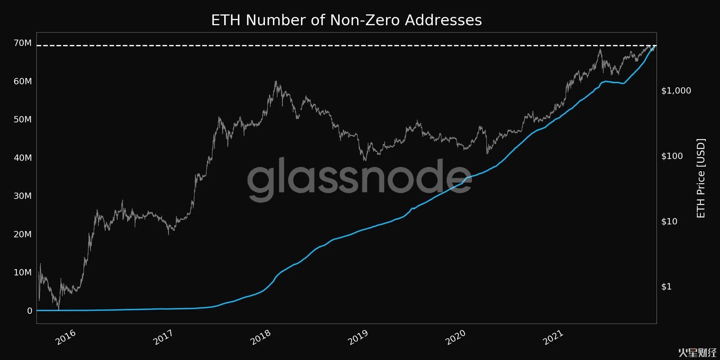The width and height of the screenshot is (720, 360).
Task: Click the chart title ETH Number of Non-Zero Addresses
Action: (346, 20)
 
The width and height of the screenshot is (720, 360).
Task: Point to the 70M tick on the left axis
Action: (22, 43)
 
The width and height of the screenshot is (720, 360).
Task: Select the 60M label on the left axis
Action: (22, 81)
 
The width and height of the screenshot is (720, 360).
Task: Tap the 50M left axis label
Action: (22, 119)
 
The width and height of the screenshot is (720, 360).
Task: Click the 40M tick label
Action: (22, 158)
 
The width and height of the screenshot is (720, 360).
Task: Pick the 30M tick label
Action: (22, 196)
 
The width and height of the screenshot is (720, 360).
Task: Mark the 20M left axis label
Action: (22, 234)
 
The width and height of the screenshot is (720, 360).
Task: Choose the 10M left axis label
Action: (22, 272)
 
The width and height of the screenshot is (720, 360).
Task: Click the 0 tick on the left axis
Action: (29, 311)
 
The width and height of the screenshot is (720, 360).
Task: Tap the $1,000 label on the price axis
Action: (676, 91)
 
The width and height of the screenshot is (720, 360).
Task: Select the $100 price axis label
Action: (672, 156)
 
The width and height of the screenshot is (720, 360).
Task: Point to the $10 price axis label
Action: (669, 221)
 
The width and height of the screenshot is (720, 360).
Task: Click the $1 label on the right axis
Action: (666, 287)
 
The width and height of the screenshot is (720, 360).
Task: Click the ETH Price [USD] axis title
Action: (701, 178)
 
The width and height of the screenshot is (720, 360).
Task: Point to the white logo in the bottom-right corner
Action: (697, 353)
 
